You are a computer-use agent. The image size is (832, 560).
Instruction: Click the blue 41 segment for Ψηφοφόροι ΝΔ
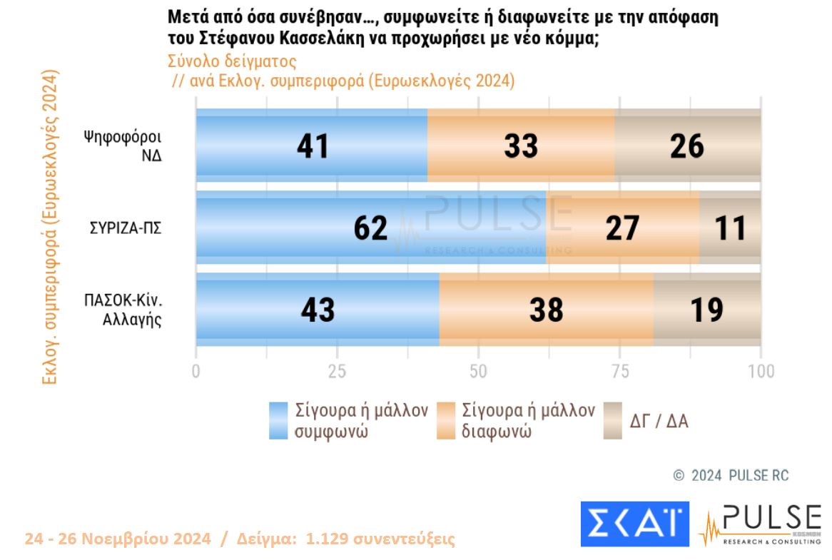tap(312, 146)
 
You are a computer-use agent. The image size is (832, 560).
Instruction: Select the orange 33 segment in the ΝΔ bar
tap(521, 146)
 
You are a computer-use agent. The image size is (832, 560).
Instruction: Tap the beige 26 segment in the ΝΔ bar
tap(687, 146)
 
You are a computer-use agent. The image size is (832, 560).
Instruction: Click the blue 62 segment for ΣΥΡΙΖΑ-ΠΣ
tap(370, 228)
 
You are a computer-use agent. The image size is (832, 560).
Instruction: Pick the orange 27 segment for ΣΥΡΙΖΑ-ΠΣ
tap(622, 228)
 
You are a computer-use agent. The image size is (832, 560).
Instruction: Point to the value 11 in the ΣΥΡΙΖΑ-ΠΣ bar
tap(730, 228)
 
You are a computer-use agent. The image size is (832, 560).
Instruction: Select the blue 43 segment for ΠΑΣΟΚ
tap(318, 310)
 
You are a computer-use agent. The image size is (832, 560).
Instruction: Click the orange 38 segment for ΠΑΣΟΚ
tap(546, 310)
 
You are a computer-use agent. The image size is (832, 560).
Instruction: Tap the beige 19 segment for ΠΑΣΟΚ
tap(706, 310)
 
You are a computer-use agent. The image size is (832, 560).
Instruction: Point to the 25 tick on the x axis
tap(337, 371)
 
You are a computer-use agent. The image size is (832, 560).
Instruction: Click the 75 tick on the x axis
tap(619, 371)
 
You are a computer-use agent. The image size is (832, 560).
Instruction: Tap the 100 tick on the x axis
tap(761, 371)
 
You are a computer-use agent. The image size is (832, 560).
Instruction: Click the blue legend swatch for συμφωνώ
tap(278, 421)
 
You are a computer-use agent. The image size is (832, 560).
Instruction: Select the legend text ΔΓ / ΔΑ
tap(659, 421)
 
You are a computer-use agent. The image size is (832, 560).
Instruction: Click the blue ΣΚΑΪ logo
tap(634, 524)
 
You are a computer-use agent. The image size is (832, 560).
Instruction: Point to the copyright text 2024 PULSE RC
tap(731, 476)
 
